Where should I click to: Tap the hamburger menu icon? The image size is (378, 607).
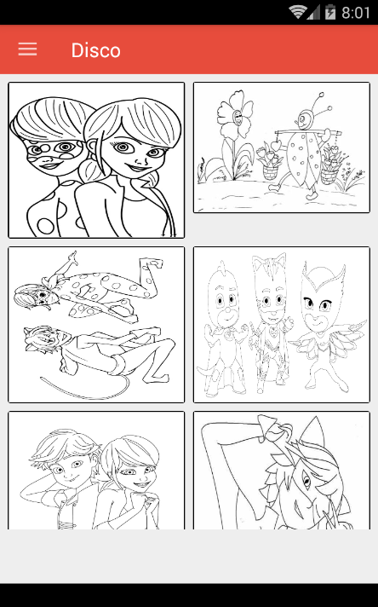27,49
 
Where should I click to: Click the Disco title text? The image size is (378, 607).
96,50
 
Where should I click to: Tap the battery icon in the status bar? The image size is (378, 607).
330,13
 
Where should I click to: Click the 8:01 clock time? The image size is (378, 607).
356,13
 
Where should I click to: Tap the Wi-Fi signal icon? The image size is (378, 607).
298,12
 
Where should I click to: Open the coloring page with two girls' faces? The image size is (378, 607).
96,160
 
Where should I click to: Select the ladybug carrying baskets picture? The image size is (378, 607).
282,147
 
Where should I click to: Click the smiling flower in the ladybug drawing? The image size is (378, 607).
235,116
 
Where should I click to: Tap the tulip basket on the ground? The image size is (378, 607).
271,164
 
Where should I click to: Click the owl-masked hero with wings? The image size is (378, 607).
325,325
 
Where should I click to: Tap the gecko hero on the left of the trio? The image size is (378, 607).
222,329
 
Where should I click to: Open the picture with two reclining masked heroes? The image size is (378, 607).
96,325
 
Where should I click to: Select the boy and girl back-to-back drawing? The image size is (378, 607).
96,470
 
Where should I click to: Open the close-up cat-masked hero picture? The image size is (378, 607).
282,470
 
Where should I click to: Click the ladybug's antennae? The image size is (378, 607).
315,102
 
